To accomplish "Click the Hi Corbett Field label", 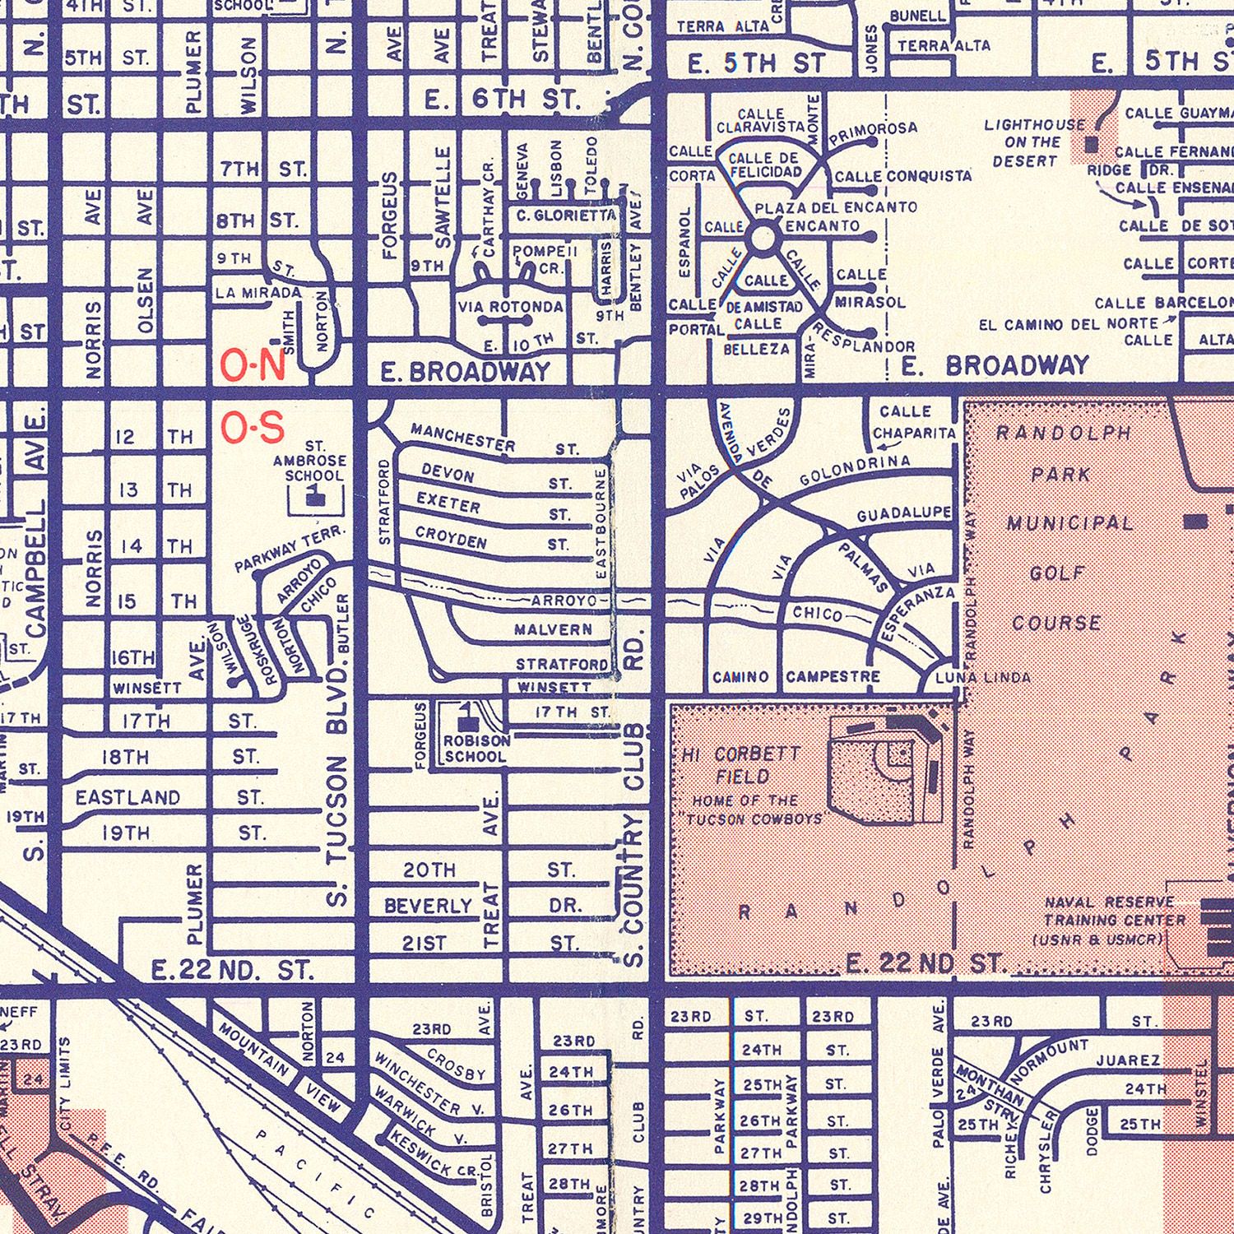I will pyautogui.click(x=740, y=765).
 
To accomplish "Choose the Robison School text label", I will pyautogui.click(x=476, y=748).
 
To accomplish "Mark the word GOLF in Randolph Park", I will pyautogui.click(x=1057, y=573).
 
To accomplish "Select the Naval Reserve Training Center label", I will pyautogui.click(x=1115, y=921).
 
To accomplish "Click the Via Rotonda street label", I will pyautogui.click(x=511, y=308).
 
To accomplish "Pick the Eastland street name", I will pyautogui.click(x=128, y=797).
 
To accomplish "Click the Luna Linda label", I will pyautogui.click(x=982, y=678).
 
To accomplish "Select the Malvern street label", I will pyautogui.click(x=552, y=630).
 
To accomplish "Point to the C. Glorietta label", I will pyautogui.click(x=566, y=216).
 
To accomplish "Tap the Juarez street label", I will pyautogui.click(x=1127, y=1060).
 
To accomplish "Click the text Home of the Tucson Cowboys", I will pyautogui.click(x=755, y=810).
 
